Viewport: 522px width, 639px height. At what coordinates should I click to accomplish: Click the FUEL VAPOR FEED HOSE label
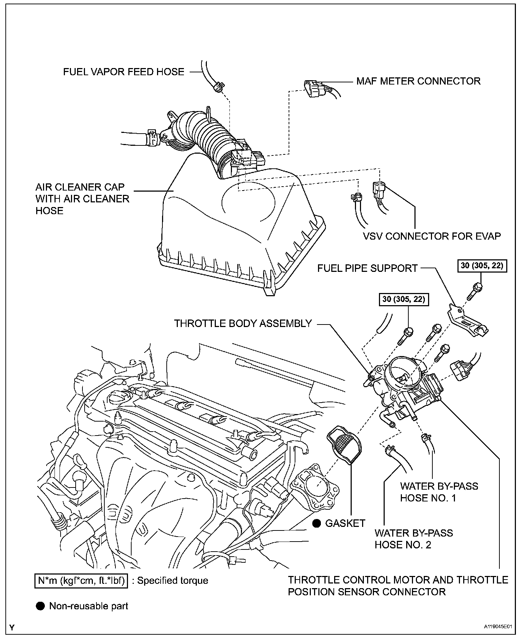[124, 72]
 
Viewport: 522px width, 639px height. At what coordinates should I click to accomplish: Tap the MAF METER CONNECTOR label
[418, 81]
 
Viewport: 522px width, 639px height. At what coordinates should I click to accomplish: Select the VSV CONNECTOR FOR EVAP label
[432, 236]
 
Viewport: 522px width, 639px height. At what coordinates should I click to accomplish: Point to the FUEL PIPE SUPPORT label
[367, 268]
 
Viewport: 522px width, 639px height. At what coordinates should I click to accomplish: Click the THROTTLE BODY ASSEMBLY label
[243, 323]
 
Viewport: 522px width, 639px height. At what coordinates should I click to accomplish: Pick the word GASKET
[345, 523]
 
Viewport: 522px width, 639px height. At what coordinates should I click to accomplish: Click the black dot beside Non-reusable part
[40, 606]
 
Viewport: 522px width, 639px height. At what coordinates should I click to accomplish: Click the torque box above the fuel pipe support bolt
[482, 266]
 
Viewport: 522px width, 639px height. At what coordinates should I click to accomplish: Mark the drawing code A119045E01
[497, 627]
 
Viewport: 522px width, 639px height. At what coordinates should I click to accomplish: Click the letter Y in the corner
[13, 628]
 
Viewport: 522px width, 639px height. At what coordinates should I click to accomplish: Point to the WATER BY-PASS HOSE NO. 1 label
[439, 492]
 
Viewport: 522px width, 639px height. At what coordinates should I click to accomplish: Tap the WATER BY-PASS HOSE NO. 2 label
[413, 539]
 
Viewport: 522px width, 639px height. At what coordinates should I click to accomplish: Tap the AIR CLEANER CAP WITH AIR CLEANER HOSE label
[82, 198]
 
